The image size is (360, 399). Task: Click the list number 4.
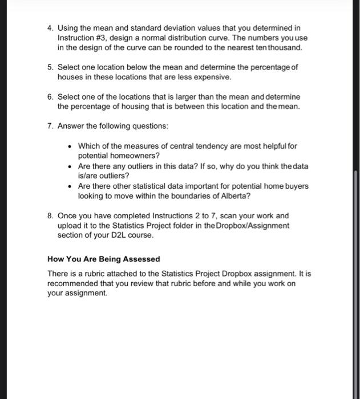pyautogui.click(x=50, y=27)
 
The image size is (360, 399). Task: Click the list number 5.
pyautogui.click(x=50, y=67)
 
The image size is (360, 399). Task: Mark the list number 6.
pyautogui.click(x=50, y=97)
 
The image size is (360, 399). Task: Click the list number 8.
pyautogui.click(x=50, y=215)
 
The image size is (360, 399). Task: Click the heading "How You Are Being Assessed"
pyautogui.click(x=103, y=259)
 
